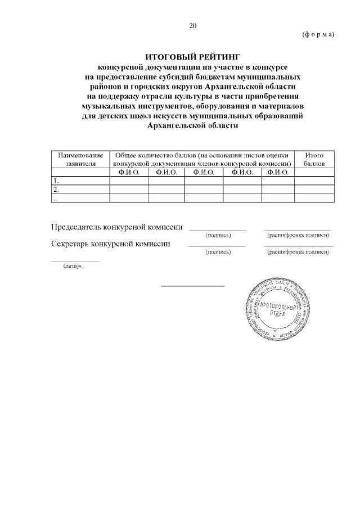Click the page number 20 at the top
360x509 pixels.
(x=193, y=26)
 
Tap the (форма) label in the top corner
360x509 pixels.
(x=318, y=34)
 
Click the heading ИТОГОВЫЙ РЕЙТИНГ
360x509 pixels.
(x=193, y=57)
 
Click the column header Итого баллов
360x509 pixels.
(x=314, y=159)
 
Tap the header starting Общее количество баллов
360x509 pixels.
(x=201, y=159)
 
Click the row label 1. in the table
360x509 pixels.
(x=55, y=181)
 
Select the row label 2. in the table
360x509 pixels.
(x=55, y=190)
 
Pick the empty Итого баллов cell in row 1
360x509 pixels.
(x=314, y=181)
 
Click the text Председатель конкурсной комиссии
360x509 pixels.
(x=117, y=227)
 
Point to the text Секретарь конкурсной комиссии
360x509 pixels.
(x=111, y=244)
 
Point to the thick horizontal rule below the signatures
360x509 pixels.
(x=193, y=286)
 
